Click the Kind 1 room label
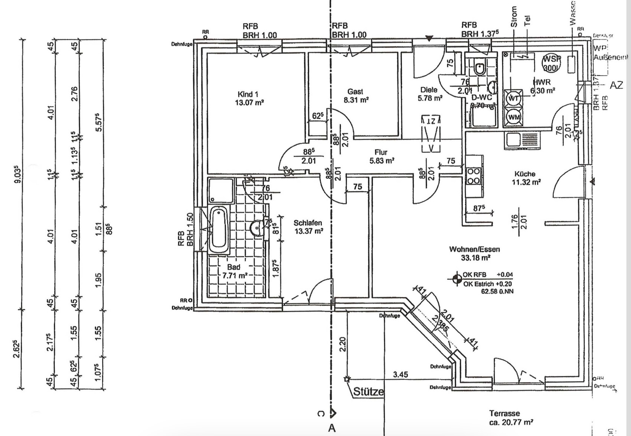point(249,98)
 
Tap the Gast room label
point(355,95)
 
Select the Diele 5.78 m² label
point(429,94)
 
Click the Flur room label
point(381,156)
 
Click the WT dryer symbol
point(513,98)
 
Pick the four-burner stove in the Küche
point(474,176)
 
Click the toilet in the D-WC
point(480,68)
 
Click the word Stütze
point(368,391)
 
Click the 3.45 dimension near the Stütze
point(400,374)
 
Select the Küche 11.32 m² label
point(525,178)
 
